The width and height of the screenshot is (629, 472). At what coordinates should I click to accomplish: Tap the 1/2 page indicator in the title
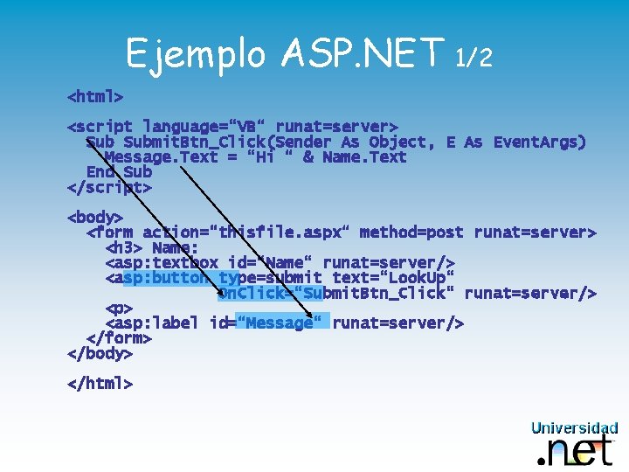coord(474,58)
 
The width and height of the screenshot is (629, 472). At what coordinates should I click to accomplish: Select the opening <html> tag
coord(95,94)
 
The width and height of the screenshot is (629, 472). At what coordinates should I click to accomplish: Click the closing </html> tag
coord(100,383)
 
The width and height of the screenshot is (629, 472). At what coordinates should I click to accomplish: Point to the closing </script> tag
coord(109,187)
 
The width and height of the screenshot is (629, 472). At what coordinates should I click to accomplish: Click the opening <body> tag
coord(95,217)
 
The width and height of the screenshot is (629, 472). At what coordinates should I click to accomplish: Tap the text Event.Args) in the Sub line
coord(539,142)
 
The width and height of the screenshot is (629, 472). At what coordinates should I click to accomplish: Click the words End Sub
coord(119,172)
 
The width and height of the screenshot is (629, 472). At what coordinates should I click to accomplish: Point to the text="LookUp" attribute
coord(393,278)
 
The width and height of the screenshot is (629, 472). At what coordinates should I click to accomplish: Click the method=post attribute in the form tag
coord(411,233)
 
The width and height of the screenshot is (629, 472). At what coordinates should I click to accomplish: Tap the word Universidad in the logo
coord(574,427)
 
